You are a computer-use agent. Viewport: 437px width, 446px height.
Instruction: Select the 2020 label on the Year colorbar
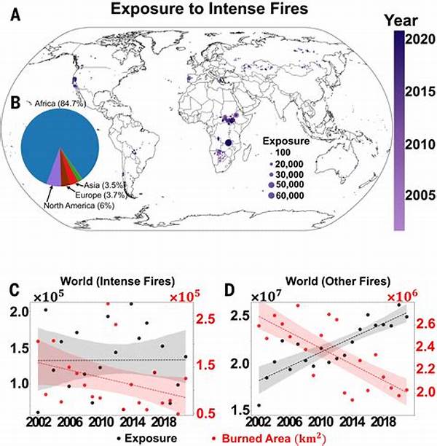(419, 39)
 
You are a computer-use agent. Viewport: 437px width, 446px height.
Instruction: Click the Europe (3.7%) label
(100, 195)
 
